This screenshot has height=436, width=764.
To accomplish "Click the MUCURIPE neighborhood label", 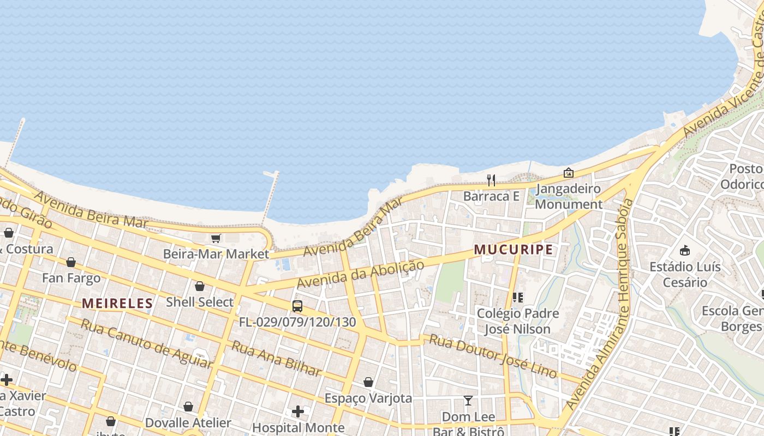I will point(513,250).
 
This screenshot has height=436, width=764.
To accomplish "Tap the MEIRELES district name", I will point(117,304).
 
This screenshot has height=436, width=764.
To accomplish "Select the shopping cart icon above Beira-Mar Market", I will point(216,238).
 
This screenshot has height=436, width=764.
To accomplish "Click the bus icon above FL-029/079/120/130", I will point(297,306).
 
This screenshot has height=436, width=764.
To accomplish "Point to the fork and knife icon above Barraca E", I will point(491,180).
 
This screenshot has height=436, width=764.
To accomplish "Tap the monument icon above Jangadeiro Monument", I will point(569,173).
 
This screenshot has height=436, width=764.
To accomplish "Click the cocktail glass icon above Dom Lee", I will point(468,401).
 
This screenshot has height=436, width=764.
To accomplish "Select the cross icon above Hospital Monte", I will point(298,411).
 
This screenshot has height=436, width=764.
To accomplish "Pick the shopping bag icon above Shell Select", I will point(200,286).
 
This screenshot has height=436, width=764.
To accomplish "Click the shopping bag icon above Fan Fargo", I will point(71,262).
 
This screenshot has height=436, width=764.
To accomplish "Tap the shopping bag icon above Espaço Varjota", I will point(368,382).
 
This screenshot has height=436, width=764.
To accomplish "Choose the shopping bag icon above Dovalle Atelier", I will point(188,407).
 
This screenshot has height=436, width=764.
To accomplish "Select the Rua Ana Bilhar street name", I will point(277,359).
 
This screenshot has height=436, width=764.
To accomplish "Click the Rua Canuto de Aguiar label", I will point(146,343).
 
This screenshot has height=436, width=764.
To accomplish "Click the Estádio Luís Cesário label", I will point(685,275).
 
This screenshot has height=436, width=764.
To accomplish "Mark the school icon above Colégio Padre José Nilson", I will point(518,297).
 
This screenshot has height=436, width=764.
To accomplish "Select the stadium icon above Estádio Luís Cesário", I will point(685,250).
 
